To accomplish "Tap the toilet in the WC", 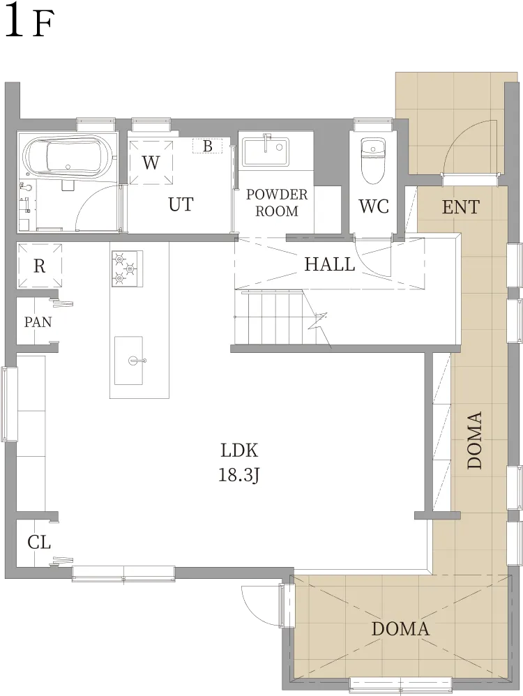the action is pos(372,160).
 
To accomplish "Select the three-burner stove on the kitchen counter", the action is pos(127,268).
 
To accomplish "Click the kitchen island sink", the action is pos(129,361).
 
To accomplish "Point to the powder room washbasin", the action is pos(266,152).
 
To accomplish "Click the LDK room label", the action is pos(239,450).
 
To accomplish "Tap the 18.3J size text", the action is pos(238,476).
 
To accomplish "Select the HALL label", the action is pos(329,264).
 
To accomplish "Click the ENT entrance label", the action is pos(461,207).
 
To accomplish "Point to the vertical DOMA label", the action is pos(475,440).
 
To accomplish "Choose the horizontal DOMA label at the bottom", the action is pos(400,629).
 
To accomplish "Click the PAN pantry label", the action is pos(38,321).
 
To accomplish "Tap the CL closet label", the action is pos(39,543).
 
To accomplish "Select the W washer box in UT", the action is pos(151,162).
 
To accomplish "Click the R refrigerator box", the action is pos(40,266).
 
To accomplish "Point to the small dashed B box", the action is pos(207,146).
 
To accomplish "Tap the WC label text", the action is pos(374,206).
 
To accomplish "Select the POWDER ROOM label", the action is pos(277,202).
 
